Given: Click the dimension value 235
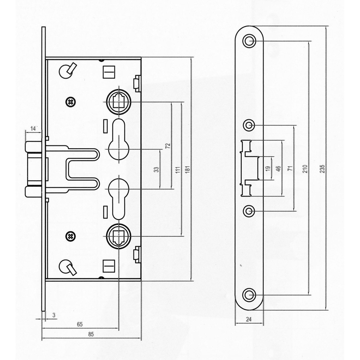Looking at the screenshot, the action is (323, 169).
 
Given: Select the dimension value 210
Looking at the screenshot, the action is (305, 169).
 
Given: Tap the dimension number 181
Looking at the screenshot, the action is (188, 169).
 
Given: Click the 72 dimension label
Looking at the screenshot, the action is (168, 146).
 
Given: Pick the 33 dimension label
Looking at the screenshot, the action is (157, 169).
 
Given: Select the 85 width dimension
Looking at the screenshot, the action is (91, 334).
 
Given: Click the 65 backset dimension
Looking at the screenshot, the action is (79, 324).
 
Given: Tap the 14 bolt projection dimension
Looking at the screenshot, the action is (33, 128).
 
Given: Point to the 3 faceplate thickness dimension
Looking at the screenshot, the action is (54, 315).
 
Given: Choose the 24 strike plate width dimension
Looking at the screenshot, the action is (248, 319).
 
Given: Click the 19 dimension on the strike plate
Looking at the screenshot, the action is (268, 168).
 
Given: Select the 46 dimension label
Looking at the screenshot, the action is (278, 169).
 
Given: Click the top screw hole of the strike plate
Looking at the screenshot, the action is (249, 41).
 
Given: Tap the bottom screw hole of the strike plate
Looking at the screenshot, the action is (249, 295).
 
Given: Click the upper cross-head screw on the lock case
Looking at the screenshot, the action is (70, 102).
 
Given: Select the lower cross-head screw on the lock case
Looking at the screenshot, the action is (70, 236).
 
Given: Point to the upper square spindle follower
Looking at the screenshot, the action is (118, 102).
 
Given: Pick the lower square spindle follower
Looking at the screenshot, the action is (118, 236).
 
